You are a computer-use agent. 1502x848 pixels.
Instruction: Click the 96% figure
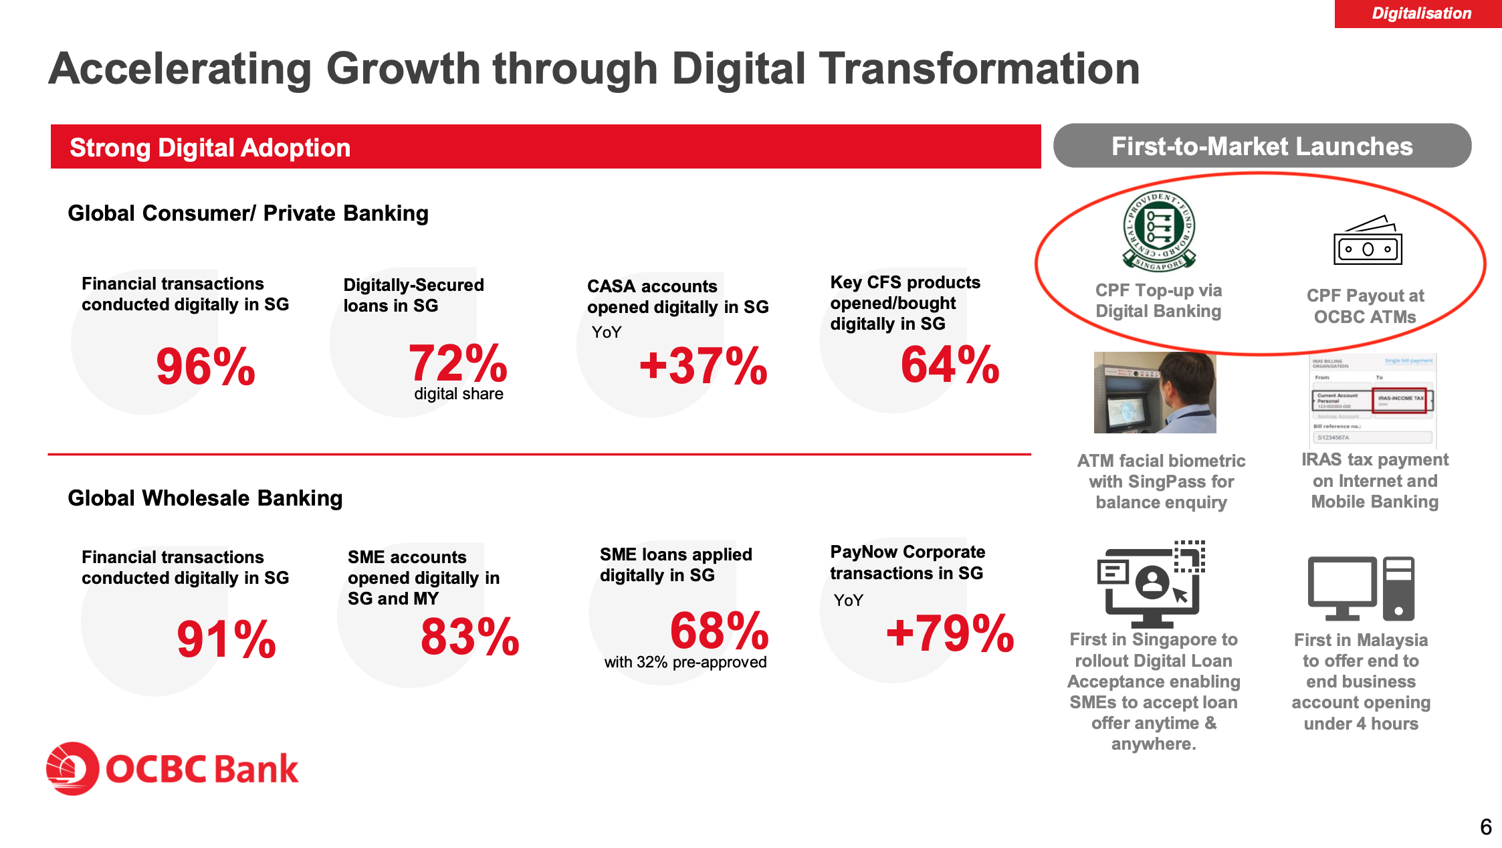205,367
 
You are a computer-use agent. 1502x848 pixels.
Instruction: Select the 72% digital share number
458,364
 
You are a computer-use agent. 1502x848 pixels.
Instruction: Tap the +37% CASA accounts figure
704,366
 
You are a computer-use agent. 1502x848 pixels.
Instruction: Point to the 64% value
950,365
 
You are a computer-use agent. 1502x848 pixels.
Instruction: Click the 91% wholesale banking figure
226,639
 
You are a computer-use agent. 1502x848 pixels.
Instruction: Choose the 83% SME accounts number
469,637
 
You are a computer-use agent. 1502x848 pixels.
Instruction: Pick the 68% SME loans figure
719,631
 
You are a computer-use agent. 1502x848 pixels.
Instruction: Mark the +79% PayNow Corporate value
950,633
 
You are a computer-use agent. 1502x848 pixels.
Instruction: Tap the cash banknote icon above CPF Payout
1368,241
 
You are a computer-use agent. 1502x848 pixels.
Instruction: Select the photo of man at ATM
1155,393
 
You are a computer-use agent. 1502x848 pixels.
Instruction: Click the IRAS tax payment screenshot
1373,400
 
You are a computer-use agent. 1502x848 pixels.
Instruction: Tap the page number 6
1485,827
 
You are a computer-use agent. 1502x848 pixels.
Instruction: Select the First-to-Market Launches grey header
1262,146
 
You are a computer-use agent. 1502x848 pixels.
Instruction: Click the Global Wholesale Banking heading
205,498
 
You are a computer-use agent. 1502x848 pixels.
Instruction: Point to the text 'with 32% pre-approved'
685,662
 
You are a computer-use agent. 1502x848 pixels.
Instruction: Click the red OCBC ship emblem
72,768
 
